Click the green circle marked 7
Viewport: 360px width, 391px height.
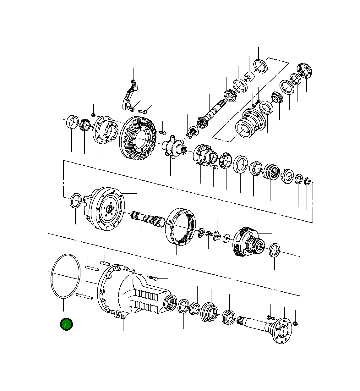(x=66, y=324)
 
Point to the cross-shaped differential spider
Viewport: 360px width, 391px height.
(x=172, y=146)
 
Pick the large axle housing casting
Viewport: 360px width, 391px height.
(x=132, y=292)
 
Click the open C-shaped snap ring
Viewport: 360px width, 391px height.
(x=308, y=181)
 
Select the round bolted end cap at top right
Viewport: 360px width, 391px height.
(x=304, y=71)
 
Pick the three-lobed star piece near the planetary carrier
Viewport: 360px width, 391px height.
(x=217, y=235)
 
